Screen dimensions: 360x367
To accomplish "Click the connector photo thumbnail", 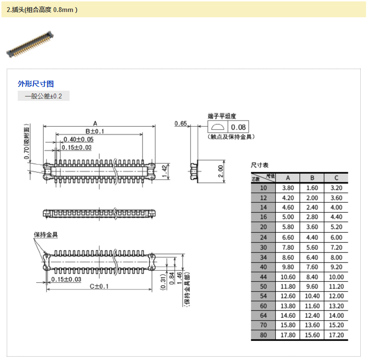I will pos(30,45).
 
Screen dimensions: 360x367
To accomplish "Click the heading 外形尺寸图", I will pos(36,84).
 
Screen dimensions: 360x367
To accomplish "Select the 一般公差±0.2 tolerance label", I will pos(44,96).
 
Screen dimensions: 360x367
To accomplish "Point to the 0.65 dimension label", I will pos(180,124).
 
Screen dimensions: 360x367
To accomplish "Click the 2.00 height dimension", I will pos(220,171).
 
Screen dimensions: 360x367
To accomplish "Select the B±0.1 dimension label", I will pos(95,132).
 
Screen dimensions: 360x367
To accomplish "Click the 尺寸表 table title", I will pos(260,165).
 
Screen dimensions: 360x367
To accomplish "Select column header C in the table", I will pos(336,178).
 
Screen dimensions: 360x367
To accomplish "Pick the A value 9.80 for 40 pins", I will pos(288,267).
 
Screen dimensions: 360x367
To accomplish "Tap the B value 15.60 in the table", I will pos(312,336).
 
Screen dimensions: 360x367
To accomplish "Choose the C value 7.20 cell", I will pos(336,247).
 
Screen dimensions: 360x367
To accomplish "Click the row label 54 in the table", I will pos(263,296).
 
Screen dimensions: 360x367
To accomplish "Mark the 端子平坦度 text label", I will pos(222,116).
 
